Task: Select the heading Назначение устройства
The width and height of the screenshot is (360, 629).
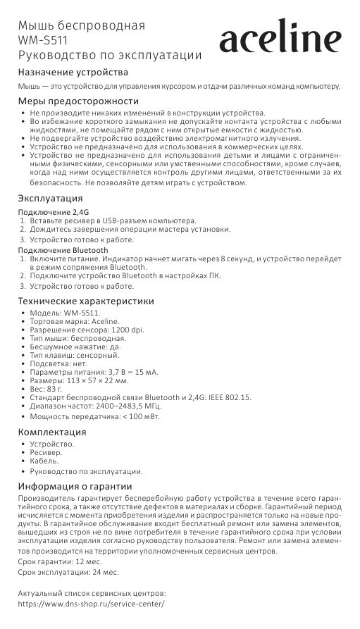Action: (x=73, y=73)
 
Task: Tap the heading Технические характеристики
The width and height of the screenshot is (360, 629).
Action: (x=85, y=301)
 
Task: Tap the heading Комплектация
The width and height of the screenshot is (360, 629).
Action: (x=52, y=432)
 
